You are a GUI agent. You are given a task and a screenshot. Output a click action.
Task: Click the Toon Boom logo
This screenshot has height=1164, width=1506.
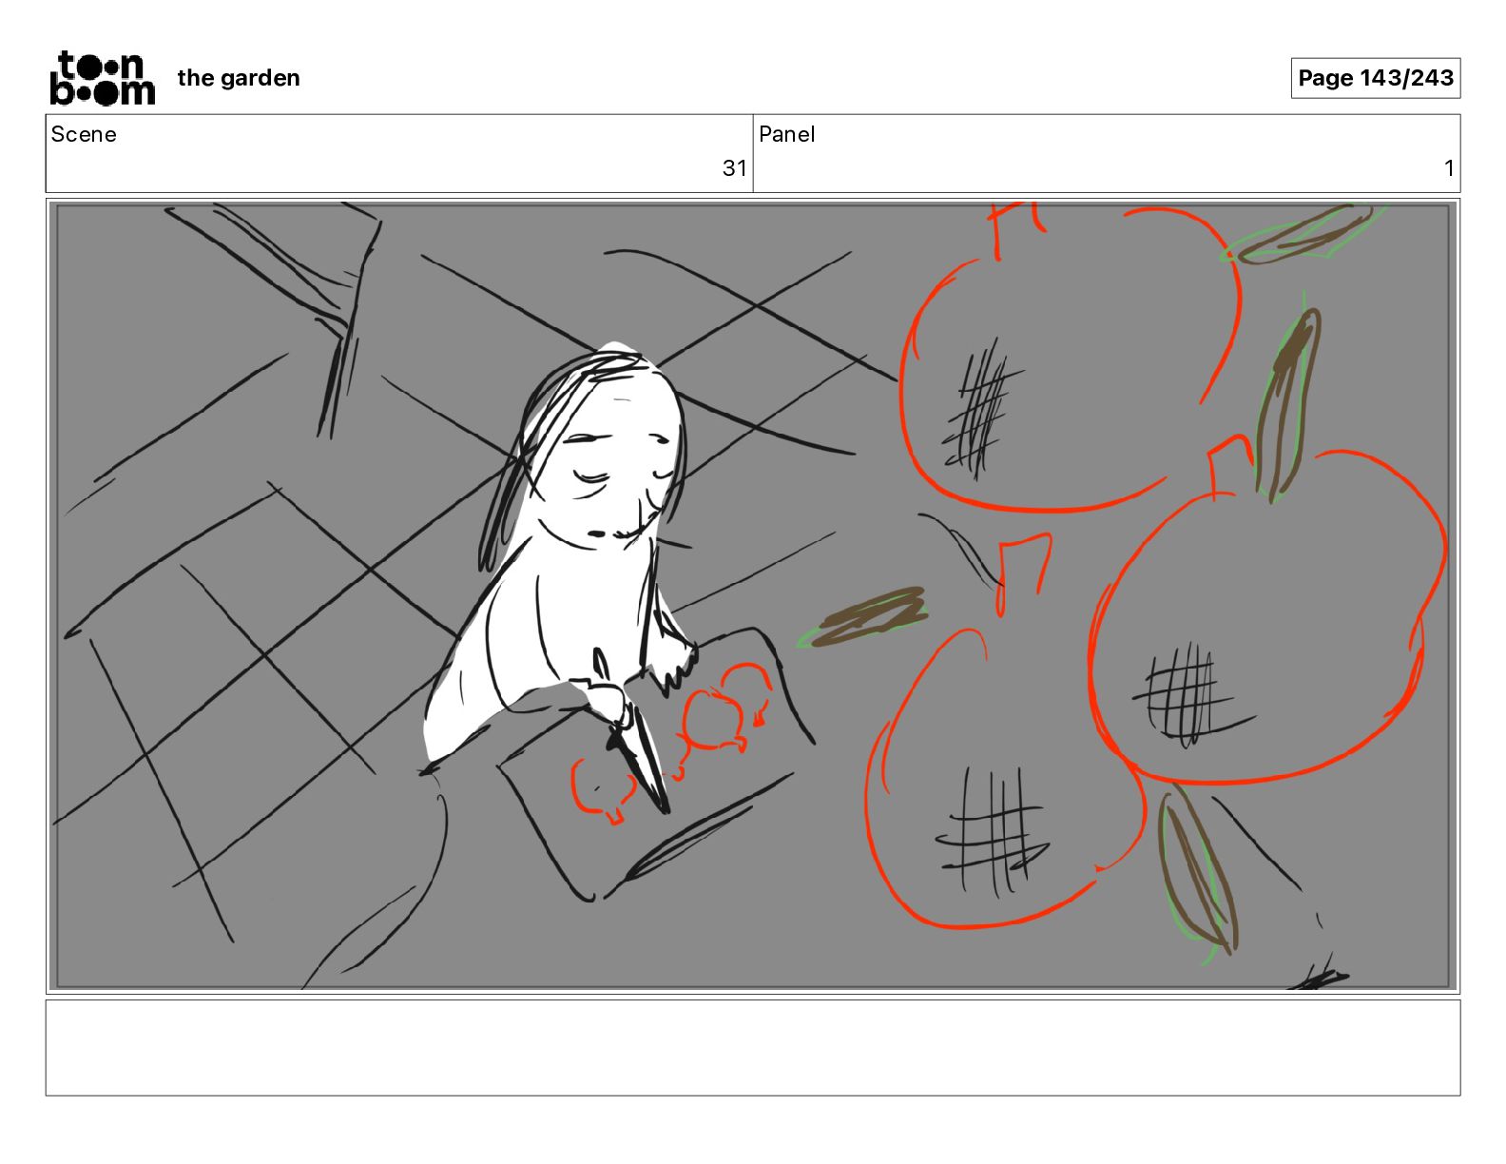[102, 78]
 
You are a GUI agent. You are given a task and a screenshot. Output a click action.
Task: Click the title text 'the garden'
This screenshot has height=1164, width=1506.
[239, 78]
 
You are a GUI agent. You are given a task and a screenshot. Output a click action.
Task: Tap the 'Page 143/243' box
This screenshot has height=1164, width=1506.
[1375, 78]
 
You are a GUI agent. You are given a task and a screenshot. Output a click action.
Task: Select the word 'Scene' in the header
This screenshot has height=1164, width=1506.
[83, 134]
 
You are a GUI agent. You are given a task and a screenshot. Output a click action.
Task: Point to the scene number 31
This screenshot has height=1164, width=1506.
[734, 167]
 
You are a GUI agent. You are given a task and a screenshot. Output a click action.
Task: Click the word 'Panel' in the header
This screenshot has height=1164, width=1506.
[786, 134]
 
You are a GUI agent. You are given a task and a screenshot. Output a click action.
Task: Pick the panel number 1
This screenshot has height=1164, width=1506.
[1448, 167]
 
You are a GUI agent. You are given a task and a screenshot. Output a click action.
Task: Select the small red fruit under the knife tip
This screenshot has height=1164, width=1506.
[603, 789]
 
